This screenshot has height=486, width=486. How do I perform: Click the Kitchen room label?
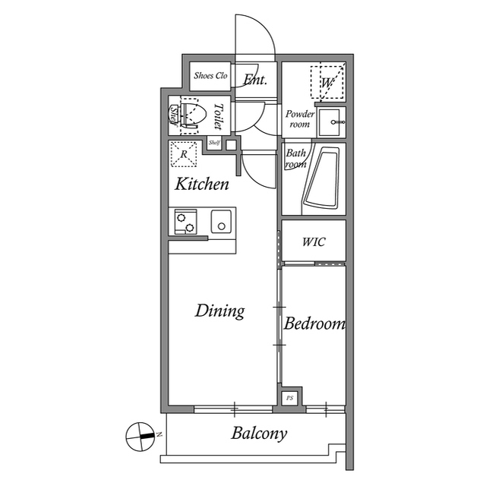[x=202, y=184]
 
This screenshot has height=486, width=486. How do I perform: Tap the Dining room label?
[x=219, y=311]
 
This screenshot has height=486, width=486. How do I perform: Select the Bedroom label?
[x=314, y=324]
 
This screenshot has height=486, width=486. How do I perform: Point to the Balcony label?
[x=260, y=434]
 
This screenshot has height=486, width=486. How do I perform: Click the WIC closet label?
[x=314, y=241]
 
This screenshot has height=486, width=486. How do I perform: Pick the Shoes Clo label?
[x=210, y=76]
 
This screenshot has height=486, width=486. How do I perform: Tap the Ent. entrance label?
[x=255, y=78]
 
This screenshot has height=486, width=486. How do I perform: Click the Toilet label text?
[x=219, y=118]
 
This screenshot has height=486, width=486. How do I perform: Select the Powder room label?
[x=300, y=118]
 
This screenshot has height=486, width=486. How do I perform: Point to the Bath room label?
[x=295, y=158]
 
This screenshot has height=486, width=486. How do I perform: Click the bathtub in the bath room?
[x=324, y=179]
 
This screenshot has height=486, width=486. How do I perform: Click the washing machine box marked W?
[x=328, y=82]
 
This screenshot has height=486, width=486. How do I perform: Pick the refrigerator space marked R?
[x=185, y=154]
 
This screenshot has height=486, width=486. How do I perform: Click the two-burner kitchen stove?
[x=185, y=222]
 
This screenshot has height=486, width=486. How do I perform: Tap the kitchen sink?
[x=222, y=223]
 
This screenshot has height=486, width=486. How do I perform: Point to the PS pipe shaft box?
[x=289, y=397]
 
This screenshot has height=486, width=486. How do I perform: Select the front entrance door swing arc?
[x=254, y=38]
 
